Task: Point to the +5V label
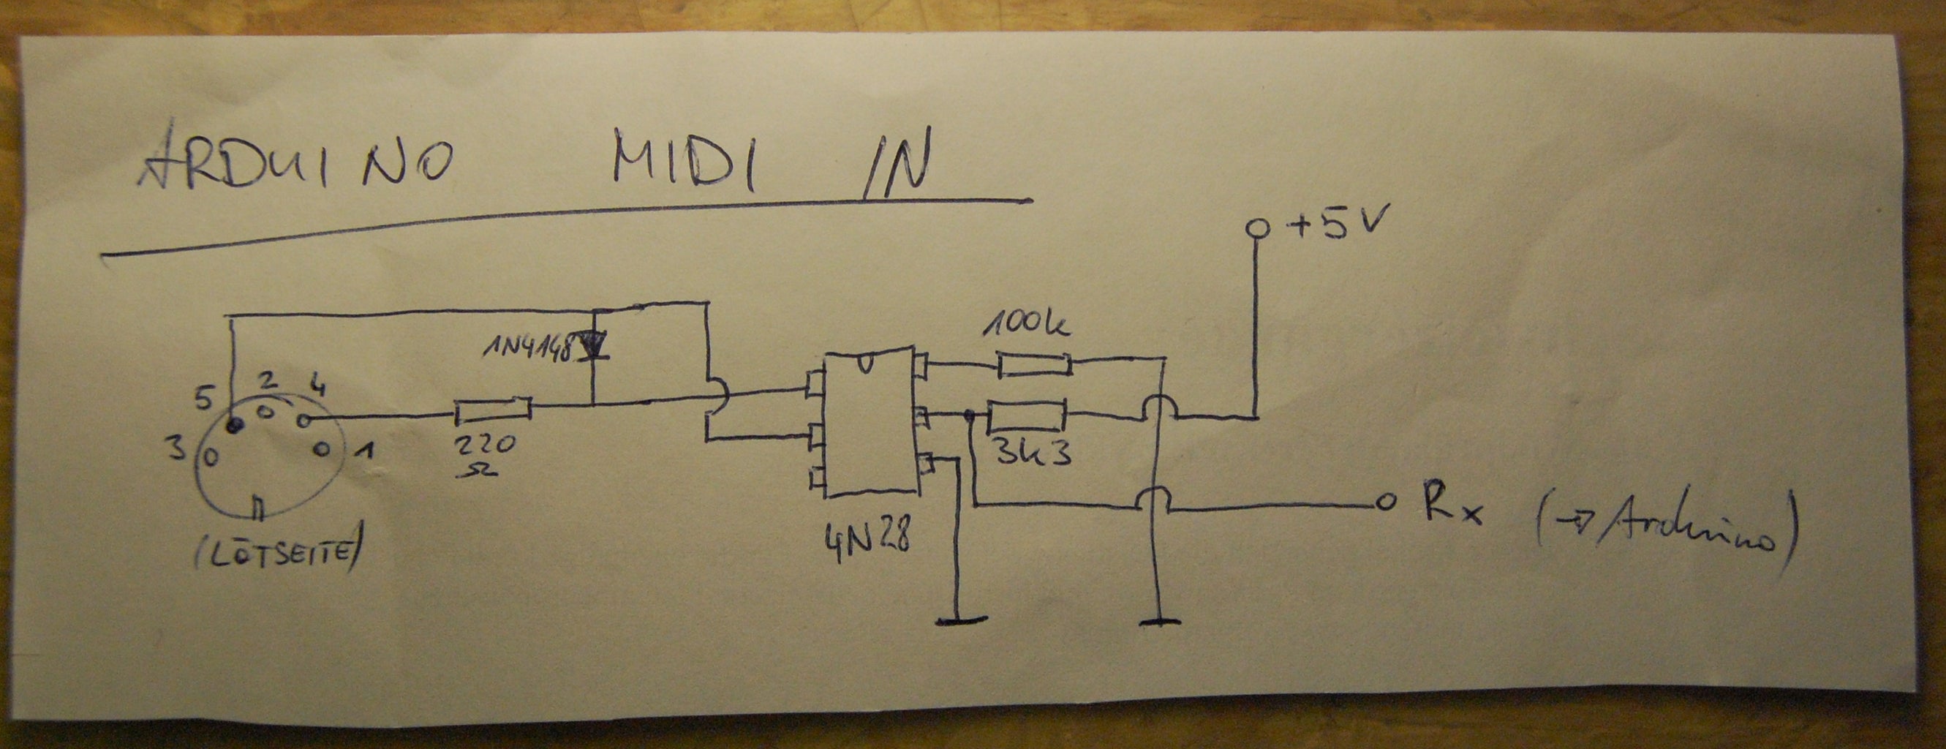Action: (1338, 225)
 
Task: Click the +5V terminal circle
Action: (1257, 227)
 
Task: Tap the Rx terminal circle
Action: (1384, 503)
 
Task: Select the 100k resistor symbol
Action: (1033, 365)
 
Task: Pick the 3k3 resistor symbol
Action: (1026, 415)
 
